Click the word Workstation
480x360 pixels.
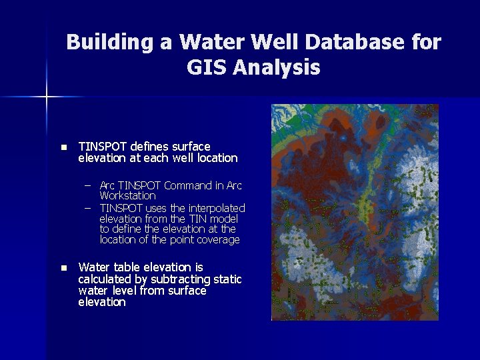pos(127,196)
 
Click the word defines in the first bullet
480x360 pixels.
pos(150,146)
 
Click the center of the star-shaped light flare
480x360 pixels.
pos(47,97)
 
